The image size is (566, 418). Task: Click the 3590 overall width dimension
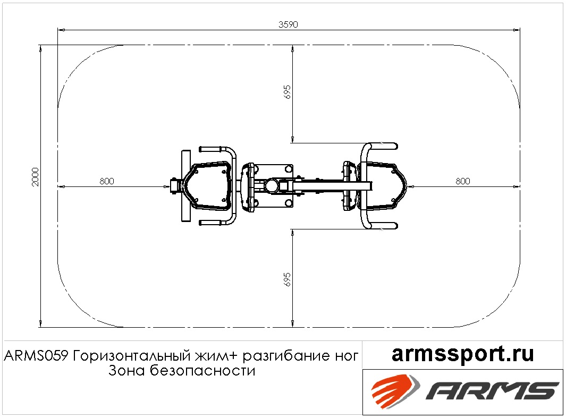288,24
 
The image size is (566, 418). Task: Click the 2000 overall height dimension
35,177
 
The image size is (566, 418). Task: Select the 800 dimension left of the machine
107,181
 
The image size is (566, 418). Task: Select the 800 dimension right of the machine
463,181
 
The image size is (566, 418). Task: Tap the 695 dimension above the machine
288,92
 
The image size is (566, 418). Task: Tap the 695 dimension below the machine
288,279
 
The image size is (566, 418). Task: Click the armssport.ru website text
462,354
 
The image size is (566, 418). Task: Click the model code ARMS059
36,356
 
